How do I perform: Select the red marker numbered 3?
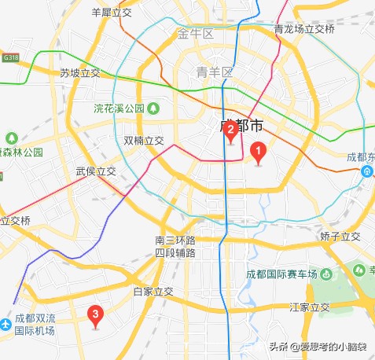[x=96, y=316]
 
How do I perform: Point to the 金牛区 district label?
[x=196, y=34]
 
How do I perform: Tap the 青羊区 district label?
[x=215, y=72]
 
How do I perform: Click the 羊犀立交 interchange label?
[x=113, y=13]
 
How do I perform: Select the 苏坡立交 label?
[x=80, y=72]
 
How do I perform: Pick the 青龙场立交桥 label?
[x=304, y=29]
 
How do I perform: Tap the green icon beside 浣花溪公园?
[x=154, y=107]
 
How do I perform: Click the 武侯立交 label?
[x=96, y=171]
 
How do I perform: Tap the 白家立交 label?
[x=153, y=291]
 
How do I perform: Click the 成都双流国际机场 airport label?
[x=35, y=325]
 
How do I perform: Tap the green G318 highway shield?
[x=10, y=57]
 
